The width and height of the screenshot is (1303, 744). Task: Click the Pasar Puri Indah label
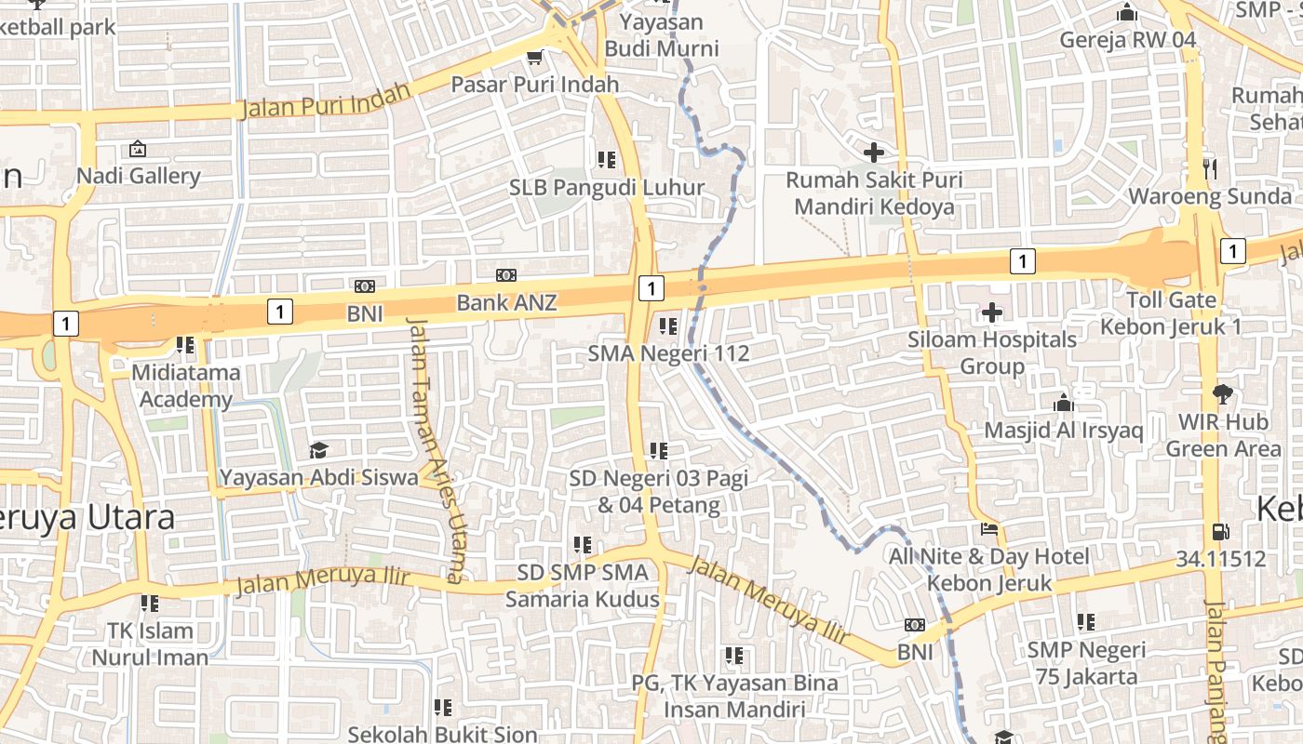point(534,85)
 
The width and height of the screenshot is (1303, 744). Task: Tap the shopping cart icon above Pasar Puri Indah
point(534,58)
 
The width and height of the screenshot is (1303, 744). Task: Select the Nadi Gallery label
point(138,176)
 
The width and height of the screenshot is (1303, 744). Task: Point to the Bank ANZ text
point(506,302)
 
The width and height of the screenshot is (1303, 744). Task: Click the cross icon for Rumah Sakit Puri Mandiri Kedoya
point(873,152)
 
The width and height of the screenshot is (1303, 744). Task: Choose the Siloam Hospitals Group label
point(992,352)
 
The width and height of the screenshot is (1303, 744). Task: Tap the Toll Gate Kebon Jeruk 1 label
point(1171,313)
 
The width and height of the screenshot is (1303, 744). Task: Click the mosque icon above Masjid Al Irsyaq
point(1063,404)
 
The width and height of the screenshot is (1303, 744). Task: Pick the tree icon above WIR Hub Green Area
point(1222,394)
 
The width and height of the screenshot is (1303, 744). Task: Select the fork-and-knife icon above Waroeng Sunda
point(1210,168)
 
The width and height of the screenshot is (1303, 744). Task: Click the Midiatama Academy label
point(185,386)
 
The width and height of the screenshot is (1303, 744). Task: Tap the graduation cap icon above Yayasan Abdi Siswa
point(318,451)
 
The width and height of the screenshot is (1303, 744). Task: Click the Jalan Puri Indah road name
point(325,100)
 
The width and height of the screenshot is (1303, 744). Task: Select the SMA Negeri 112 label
point(668,353)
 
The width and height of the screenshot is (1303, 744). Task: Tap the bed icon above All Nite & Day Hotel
point(988,529)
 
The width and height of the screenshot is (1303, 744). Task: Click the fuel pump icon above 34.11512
point(1220,532)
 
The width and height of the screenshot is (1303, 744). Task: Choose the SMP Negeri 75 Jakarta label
point(1086,662)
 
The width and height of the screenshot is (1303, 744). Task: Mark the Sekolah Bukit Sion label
point(443,734)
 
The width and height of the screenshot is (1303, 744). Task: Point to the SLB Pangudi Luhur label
point(607,187)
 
